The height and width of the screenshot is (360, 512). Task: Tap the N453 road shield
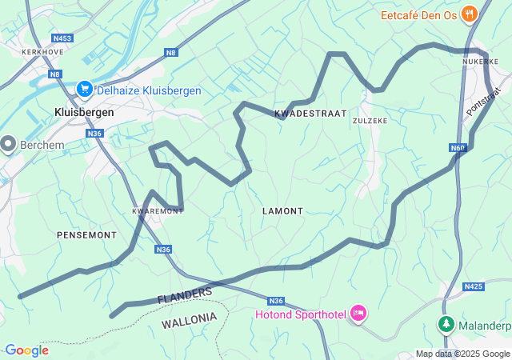(x=62, y=38)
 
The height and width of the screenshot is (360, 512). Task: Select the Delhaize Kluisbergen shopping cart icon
(x=84, y=90)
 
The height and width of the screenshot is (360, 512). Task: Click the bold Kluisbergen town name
(x=84, y=113)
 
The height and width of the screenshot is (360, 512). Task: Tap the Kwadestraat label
(x=310, y=114)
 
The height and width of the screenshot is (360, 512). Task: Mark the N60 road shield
(x=458, y=148)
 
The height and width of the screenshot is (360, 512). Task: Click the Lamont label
(x=283, y=211)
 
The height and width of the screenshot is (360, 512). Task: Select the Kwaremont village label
(x=157, y=211)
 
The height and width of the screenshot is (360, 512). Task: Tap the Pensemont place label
(x=86, y=235)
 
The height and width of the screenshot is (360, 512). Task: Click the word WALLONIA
(x=189, y=319)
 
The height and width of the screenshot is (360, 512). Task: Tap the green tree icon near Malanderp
(x=446, y=325)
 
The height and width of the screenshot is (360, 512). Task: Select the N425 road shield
(x=474, y=286)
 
